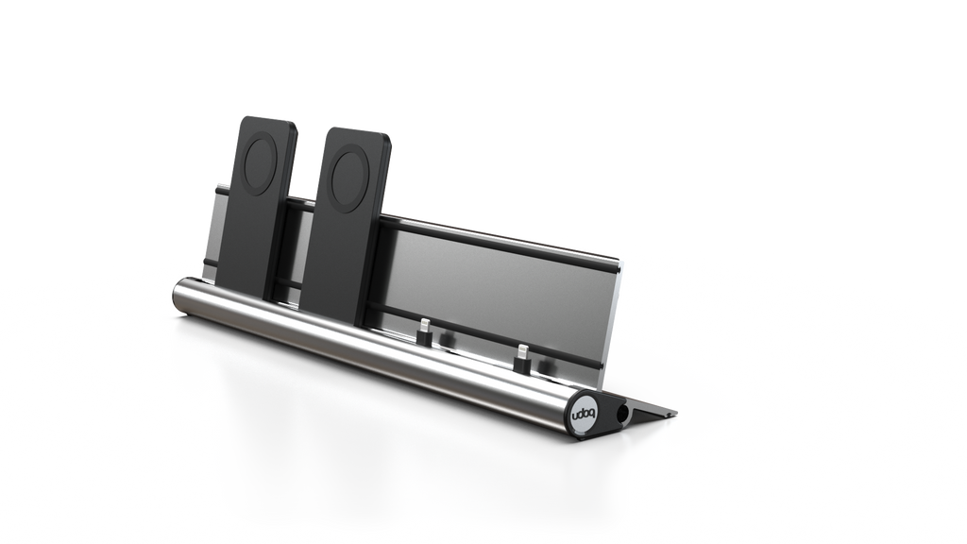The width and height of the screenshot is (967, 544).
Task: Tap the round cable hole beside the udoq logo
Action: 622,413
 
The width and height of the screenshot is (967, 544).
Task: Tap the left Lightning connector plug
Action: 424,331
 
